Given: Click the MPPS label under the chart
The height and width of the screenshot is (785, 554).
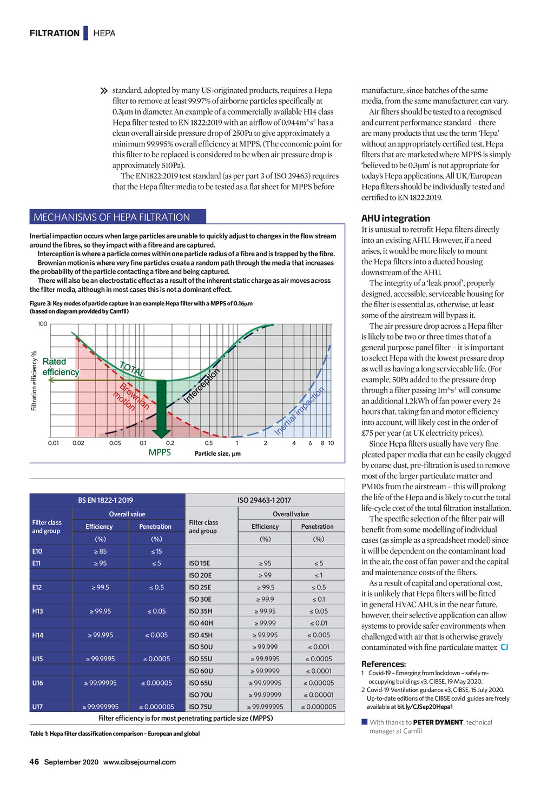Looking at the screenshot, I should [160, 453].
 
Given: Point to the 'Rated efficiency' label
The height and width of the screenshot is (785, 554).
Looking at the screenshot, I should [60, 367].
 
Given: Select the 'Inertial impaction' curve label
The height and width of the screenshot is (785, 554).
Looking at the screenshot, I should [299, 411].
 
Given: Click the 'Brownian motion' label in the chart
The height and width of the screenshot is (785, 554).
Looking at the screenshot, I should [131, 397].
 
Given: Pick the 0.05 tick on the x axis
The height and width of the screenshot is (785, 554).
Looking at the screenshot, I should [115, 443].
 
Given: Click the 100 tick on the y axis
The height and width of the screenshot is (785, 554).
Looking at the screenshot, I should [42, 324].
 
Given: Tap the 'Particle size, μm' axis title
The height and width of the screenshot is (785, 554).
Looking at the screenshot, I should [217, 454].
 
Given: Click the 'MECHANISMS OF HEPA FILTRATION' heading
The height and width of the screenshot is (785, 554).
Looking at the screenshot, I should [112, 217].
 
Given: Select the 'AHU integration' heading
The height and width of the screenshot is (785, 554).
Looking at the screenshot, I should [395, 218].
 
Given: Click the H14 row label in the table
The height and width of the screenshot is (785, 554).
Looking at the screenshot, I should [38, 635].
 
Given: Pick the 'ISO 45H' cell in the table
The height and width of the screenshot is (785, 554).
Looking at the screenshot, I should [201, 635].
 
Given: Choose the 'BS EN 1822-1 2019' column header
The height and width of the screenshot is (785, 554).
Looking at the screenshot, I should [105, 501].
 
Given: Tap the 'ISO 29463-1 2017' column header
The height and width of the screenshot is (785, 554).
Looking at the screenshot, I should [264, 501].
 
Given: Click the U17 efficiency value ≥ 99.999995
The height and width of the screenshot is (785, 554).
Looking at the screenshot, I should [101, 707].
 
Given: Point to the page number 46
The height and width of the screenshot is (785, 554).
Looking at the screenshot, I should [34, 762].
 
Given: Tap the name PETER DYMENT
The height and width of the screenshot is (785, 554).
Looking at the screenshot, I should [438, 722].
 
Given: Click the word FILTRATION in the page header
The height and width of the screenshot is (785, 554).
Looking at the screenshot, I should [55, 34].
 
